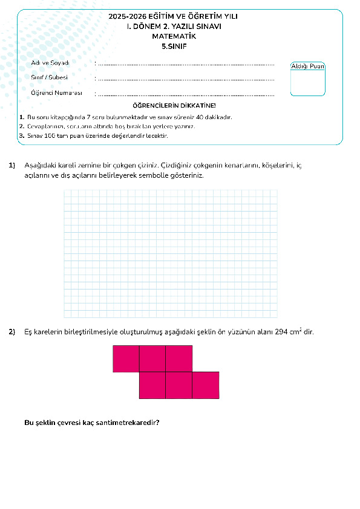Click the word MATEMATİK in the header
tap(174, 36)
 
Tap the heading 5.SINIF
tap(174, 47)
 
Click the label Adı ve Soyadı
tap(50, 63)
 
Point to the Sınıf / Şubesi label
tap(50, 77)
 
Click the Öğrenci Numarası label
tap(56, 93)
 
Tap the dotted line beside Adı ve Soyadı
tap(186, 65)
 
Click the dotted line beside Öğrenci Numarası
tap(186, 96)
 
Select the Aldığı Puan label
tap(307, 66)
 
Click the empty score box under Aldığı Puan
tap(307, 83)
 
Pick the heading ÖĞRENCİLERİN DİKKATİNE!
tap(174, 106)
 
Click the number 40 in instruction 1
tap(200, 117)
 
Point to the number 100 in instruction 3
tap(50, 135)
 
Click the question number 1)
tap(12, 165)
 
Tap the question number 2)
tap(12, 332)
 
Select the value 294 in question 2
tap(281, 332)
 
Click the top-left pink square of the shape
tap(126, 358)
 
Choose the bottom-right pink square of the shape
tap(206, 385)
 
